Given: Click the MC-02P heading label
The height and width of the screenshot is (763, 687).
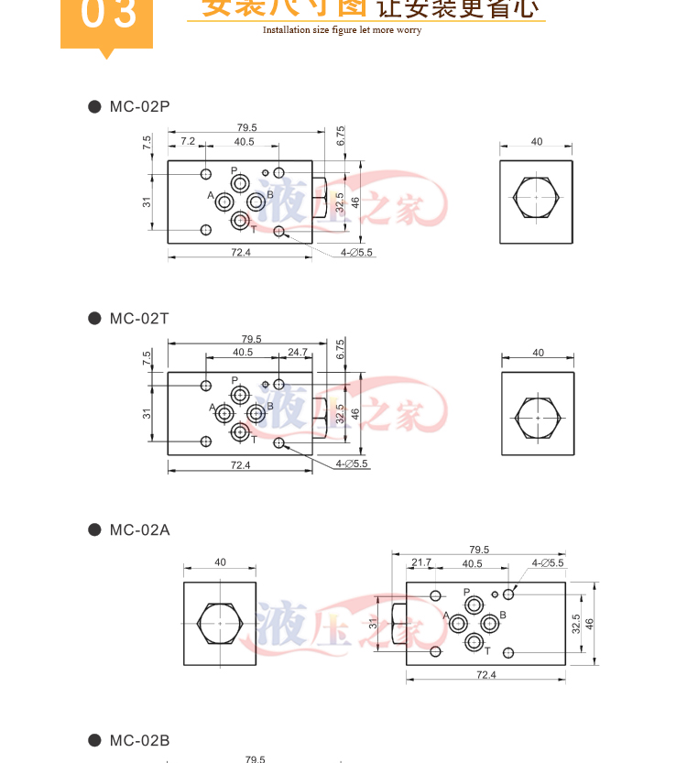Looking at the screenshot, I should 139,107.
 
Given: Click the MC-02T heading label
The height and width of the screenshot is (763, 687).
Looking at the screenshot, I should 139,319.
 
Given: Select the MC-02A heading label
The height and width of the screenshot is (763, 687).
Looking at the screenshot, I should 139,529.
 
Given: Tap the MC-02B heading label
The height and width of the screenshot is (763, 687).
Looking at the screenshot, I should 139,741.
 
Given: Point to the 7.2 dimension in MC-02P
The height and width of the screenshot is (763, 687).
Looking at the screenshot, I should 188,141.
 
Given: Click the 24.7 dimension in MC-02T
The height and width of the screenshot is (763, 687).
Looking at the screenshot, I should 298,352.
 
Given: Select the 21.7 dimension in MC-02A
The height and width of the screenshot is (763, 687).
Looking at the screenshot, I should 421,562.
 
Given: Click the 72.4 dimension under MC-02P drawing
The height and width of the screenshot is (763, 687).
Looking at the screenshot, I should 240,252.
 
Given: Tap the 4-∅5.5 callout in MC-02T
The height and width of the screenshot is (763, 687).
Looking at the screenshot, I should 352,463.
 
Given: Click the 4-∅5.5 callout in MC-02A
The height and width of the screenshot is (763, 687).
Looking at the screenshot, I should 548,562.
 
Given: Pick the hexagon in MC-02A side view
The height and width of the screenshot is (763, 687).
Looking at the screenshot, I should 220,623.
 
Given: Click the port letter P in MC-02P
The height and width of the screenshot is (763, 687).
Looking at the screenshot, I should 234,170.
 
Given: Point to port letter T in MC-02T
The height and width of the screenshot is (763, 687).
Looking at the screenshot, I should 254,440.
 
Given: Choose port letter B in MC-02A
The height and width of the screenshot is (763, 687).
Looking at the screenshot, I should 503,614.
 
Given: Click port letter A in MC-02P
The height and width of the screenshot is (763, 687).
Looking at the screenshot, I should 211,196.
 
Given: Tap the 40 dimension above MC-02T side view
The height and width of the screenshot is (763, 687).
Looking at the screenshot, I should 538,353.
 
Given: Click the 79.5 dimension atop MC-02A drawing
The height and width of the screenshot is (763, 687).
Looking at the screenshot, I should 479,550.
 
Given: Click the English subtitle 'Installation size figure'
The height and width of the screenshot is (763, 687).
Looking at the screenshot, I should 342,30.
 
